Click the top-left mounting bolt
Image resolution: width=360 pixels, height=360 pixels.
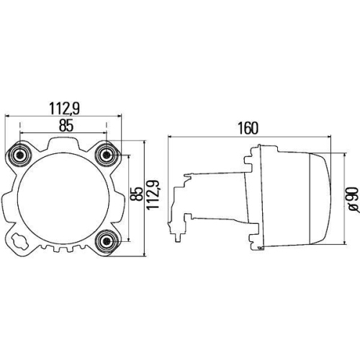point(21,154)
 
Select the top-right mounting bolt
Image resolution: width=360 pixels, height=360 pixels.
point(107,154)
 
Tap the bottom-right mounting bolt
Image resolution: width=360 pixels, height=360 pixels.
point(107,240)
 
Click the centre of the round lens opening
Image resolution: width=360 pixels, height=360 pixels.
point(65,197)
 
